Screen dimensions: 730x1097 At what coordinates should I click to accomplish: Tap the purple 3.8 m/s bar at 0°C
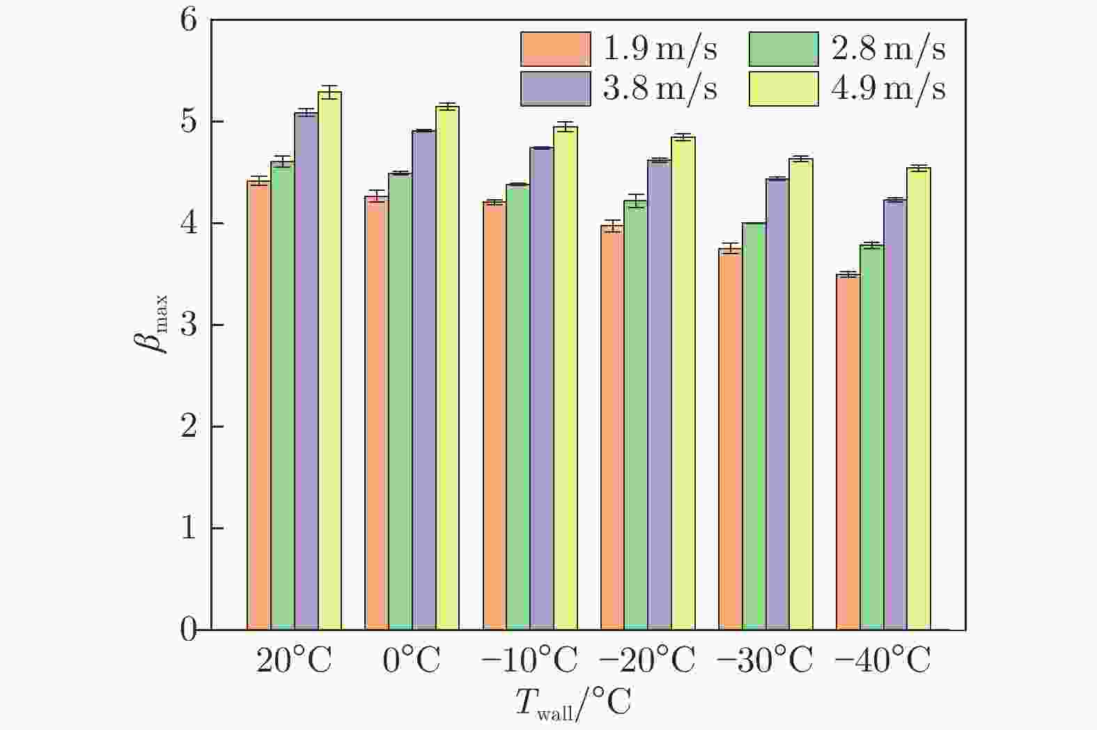tap(423, 380)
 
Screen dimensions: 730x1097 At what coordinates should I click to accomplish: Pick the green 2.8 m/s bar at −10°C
tap(518, 407)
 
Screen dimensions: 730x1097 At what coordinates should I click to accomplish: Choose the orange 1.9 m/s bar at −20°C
tap(612, 428)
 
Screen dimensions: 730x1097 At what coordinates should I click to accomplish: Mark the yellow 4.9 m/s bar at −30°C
tap(801, 394)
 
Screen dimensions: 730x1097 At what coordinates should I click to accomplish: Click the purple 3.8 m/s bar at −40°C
tap(895, 415)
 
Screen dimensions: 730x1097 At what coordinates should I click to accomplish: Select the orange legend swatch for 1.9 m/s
tap(555, 49)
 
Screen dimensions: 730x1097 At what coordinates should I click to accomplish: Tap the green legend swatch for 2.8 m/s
tap(784, 49)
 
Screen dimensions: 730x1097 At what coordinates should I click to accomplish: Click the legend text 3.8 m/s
tap(660, 89)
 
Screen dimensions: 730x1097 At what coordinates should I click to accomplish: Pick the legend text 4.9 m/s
tap(888, 89)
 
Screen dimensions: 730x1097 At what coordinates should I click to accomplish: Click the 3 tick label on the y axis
tap(189, 325)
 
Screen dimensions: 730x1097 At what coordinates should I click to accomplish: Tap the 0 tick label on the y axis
tap(189, 630)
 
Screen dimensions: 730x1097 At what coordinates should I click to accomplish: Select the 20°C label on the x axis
tap(294, 660)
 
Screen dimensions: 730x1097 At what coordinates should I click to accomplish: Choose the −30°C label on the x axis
tap(765, 660)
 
